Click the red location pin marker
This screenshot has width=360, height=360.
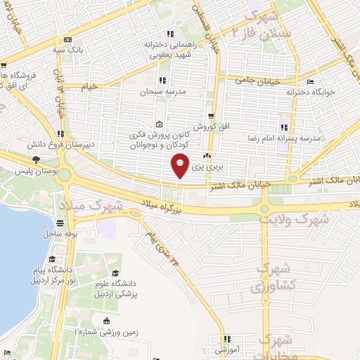pos(181,166)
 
